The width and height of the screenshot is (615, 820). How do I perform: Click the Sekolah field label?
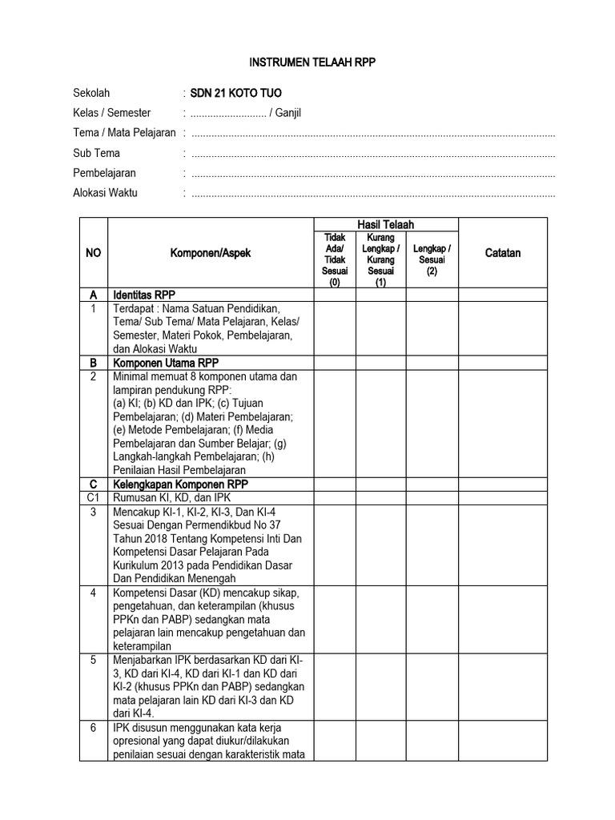91,93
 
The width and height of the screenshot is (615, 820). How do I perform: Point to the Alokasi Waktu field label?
105,193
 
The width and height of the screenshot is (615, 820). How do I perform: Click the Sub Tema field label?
94,153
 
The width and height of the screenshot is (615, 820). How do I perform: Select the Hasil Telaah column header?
385,225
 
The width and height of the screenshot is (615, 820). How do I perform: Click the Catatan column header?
503,253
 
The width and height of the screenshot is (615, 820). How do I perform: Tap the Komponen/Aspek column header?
210,253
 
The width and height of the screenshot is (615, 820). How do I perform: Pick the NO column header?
93,253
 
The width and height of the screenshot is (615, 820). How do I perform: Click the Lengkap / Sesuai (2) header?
432,259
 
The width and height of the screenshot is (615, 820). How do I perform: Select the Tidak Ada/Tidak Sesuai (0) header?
334,259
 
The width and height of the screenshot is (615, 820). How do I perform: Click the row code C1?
93,498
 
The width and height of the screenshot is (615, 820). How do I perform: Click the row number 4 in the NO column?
93,593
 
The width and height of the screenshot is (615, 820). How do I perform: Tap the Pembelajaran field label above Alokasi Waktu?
105,173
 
